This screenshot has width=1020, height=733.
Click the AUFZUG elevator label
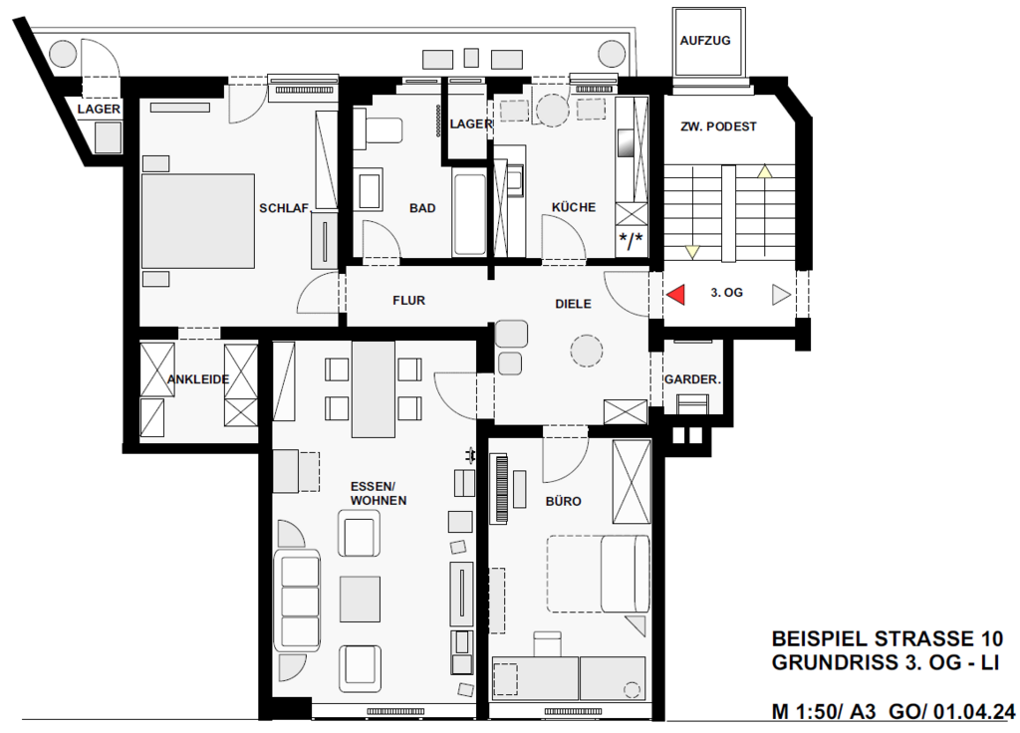pos(705,40)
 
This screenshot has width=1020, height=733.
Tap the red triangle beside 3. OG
pos(676,294)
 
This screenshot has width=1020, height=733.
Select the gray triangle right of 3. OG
pos(781,295)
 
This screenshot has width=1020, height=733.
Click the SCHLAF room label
pos(284,208)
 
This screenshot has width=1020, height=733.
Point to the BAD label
pos(422,208)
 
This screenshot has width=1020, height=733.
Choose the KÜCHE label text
pos(573,207)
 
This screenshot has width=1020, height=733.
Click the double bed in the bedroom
pos(198,221)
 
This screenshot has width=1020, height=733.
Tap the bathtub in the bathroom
pos(469,213)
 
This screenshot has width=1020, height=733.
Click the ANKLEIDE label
pos(198,379)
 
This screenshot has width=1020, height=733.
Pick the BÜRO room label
pos(564,501)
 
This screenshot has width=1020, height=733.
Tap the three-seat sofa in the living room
pos(298,599)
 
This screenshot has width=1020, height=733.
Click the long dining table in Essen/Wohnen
pos(374,389)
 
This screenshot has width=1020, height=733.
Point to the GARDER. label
pos(692,379)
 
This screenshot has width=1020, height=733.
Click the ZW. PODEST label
pos(718,126)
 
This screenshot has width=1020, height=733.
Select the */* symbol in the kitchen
pos(631,240)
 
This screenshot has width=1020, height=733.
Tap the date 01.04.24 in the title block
pos(974,712)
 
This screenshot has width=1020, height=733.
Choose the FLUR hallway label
pos(408,301)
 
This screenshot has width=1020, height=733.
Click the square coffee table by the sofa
pos(360,599)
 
